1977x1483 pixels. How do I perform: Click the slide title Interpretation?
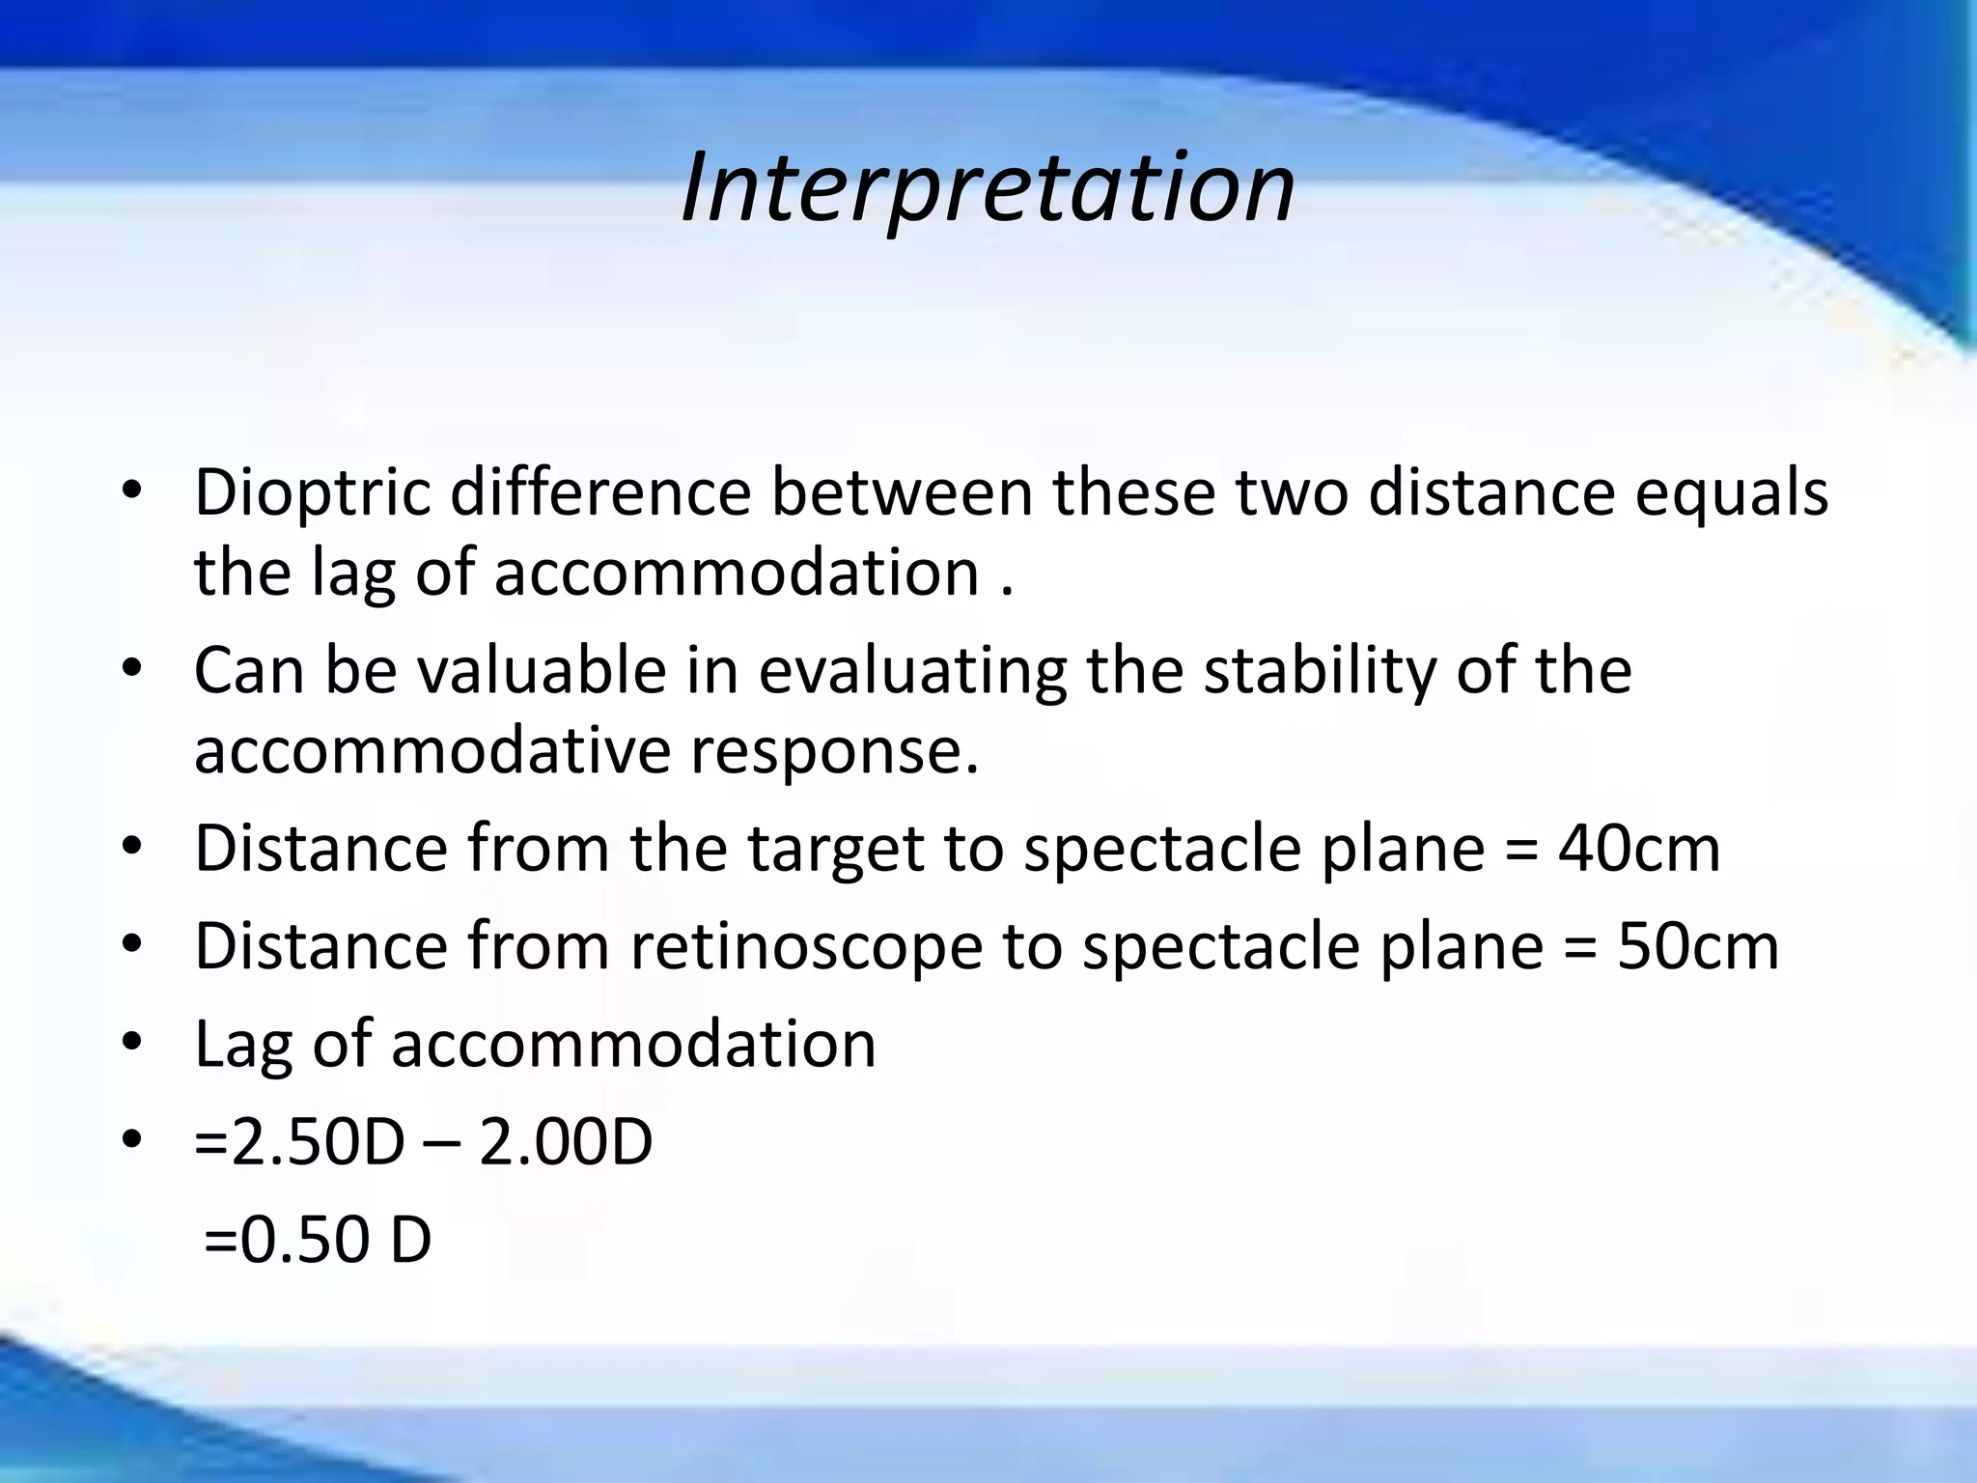pos(988,189)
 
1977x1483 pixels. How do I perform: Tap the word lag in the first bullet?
pos(353,574)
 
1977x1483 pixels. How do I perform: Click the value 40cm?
pos(1638,849)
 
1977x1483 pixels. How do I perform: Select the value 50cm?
pos(1697,946)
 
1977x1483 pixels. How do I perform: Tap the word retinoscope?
pos(807,946)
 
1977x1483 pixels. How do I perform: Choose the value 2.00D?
pos(566,1143)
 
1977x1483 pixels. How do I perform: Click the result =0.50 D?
pos(318,1241)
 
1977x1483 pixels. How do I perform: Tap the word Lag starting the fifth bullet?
pos(243,1046)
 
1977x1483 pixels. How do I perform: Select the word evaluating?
pos(912,672)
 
